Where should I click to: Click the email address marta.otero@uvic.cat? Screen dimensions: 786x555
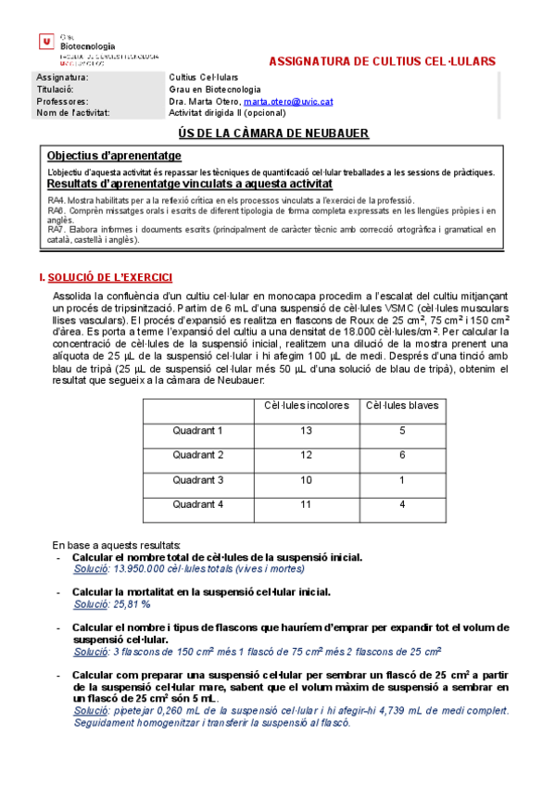tap(289, 101)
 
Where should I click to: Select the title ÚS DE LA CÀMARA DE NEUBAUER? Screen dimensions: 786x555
tap(273, 133)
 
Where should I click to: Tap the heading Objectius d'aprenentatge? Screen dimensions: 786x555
tap(114, 156)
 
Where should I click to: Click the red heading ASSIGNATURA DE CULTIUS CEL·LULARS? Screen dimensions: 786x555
tap(382, 61)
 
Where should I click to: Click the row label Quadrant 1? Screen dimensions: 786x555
tap(198, 430)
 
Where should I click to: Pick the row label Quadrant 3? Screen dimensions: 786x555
tap(198, 479)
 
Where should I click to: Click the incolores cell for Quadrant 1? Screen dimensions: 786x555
tap(307, 430)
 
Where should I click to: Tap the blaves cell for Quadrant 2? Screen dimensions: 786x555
tap(402, 455)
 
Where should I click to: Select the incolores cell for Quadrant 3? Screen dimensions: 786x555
tap(307, 479)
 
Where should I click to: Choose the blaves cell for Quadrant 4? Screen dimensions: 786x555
tap(402, 503)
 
